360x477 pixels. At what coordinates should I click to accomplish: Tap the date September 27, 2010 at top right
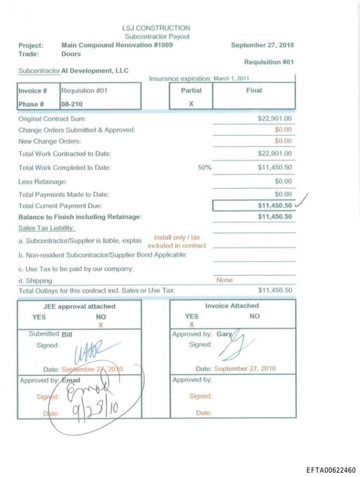coord(262,45)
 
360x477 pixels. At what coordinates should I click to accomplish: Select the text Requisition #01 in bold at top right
coord(269,62)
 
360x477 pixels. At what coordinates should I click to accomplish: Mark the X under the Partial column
coord(191,104)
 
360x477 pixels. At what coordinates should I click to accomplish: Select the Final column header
coord(254,91)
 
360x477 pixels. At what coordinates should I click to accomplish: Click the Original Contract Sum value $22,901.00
coord(275,119)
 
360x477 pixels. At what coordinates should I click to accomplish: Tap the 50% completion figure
coord(205,167)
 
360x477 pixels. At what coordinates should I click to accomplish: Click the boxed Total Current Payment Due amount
coord(275,205)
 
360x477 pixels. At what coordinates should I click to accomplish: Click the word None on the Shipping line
coord(224,280)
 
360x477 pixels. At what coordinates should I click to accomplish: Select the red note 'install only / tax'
coord(176,238)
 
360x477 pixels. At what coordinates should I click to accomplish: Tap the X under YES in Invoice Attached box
coord(191,326)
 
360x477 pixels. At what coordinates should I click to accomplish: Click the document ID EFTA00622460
coord(330,470)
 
